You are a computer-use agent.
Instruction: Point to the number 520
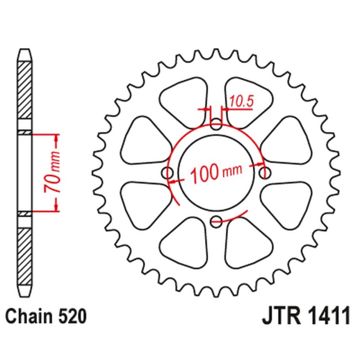point(71,317)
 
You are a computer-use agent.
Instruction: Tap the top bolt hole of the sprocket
point(216,124)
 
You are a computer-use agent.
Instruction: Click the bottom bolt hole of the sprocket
point(216,220)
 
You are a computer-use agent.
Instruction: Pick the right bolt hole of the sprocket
point(265,172)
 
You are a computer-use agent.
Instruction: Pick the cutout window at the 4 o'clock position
point(283,200)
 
